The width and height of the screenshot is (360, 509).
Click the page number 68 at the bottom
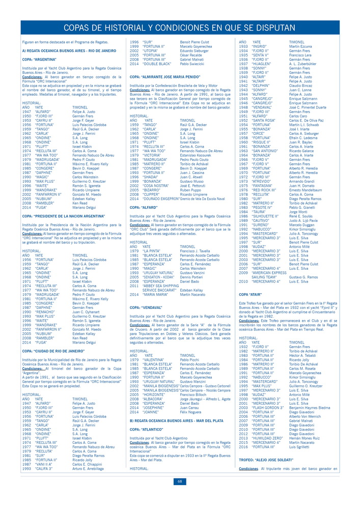click(180, 481)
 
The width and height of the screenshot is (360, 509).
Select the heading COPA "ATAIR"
click(251, 294)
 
